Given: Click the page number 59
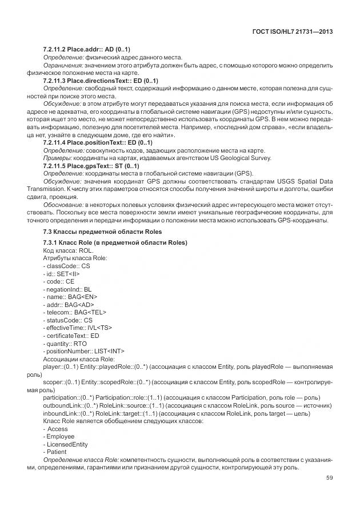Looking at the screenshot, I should tap(329, 478).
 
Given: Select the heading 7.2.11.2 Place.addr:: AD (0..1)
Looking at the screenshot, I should tap(87, 49).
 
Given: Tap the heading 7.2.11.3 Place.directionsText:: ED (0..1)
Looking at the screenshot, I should tap(101, 81).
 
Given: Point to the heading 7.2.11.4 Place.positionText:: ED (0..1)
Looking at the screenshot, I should tap(98, 142).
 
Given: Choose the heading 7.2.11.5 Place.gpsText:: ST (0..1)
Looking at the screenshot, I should tap(91, 165).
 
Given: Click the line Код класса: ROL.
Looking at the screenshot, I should tap(67, 250).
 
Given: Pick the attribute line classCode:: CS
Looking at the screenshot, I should tap(66, 266).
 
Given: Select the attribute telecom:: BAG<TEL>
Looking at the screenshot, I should tap(74, 312).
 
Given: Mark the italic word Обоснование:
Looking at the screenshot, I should tap(63, 204).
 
